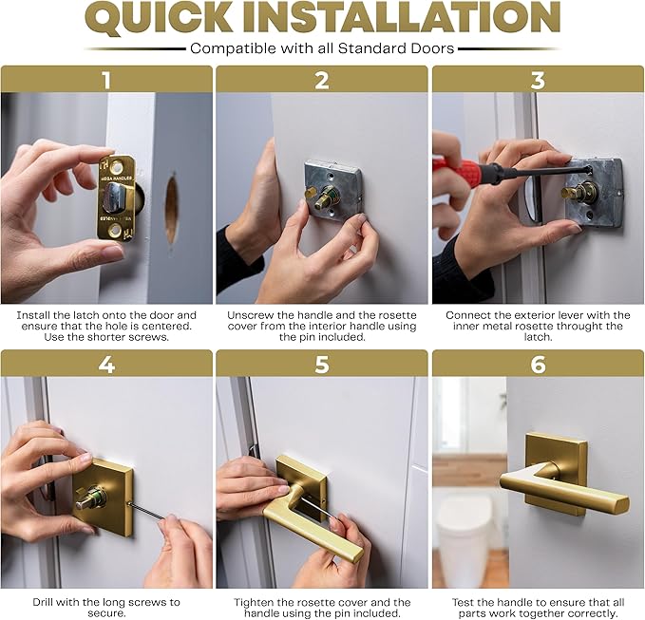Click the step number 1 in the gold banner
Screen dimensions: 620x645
click(x=106, y=80)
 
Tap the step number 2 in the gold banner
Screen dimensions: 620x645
click(x=322, y=80)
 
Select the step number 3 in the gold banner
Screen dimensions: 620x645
click(x=538, y=80)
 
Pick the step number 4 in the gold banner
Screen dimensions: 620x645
click(x=106, y=364)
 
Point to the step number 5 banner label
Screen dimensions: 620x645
click(x=322, y=364)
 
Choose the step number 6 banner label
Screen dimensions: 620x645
click(x=538, y=364)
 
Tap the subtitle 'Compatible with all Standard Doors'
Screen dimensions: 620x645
click(x=322, y=47)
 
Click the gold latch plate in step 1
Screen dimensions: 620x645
click(x=117, y=197)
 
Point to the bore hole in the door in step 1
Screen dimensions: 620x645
click(x=170, y=208)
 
